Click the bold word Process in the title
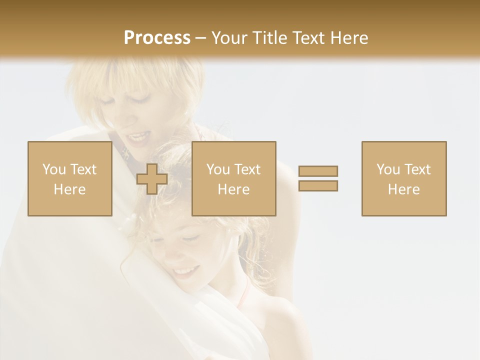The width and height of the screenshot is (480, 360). pyautogui.click(x=157, y=38)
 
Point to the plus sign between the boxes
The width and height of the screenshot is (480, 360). pyautogui.click(x=152, y=179)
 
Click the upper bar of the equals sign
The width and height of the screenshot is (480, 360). pyautogui.click(x=318, y=171)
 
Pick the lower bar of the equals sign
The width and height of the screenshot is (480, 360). pyautogui.click(x=318, y=185)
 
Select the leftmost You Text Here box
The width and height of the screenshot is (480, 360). pyautogui.click(x=69, y=178)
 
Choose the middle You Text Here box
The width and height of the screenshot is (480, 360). pyautogui.click(x=233, y=178)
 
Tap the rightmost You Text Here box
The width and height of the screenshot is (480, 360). pyautogui.click(x=403, y=178)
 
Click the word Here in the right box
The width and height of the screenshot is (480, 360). pyautogui.click(x=403, y=189)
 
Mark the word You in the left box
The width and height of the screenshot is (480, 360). pyautogui.click(x=53, y=169)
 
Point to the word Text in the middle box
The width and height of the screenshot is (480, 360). pyautogui.click(x=246, y=169)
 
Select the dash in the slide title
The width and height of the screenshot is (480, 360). pyautogui.click(x=200, y=38)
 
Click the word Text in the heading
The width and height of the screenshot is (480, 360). pyautogui.click(x=307, y=38)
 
